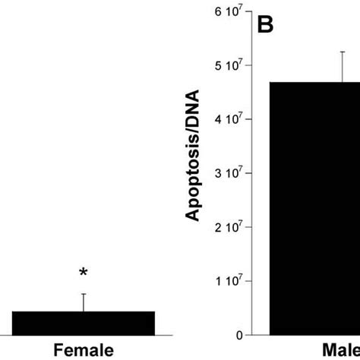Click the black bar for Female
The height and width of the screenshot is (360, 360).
coord(83,323)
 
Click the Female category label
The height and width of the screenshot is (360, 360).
coord(83,350)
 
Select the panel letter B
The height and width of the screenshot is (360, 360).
coord(264,25)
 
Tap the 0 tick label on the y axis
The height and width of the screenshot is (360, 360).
coord(238,335)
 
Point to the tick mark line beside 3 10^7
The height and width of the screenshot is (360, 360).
coord(248,173)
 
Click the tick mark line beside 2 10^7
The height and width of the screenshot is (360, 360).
coord(248,227)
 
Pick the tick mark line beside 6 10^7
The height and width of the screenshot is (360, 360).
coord(248,11)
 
